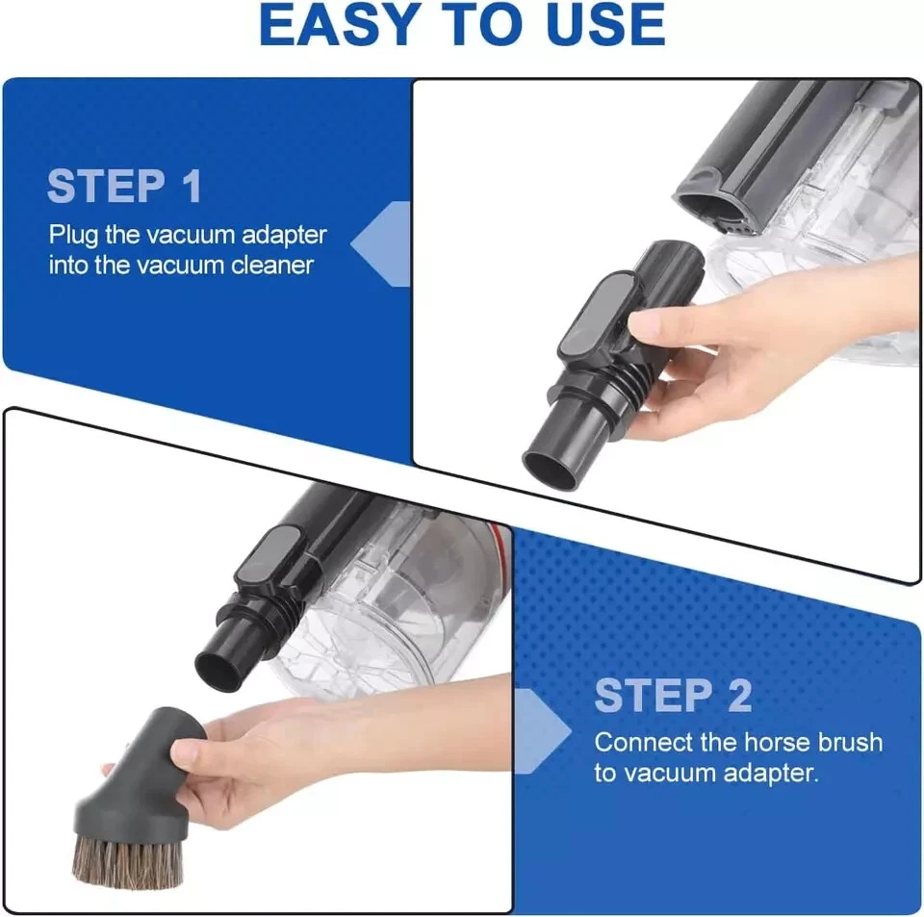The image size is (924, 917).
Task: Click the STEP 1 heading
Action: pos(124,186)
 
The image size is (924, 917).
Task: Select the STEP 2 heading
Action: pos(673,696)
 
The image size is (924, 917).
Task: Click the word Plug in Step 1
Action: pos(74,236)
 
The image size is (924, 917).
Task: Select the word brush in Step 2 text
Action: pos(850,742)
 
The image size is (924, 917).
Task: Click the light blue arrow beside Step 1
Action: pos(382,243)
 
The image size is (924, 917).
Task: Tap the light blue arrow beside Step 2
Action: pos(541,731)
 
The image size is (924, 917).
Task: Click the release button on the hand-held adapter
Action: pos(597,315)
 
